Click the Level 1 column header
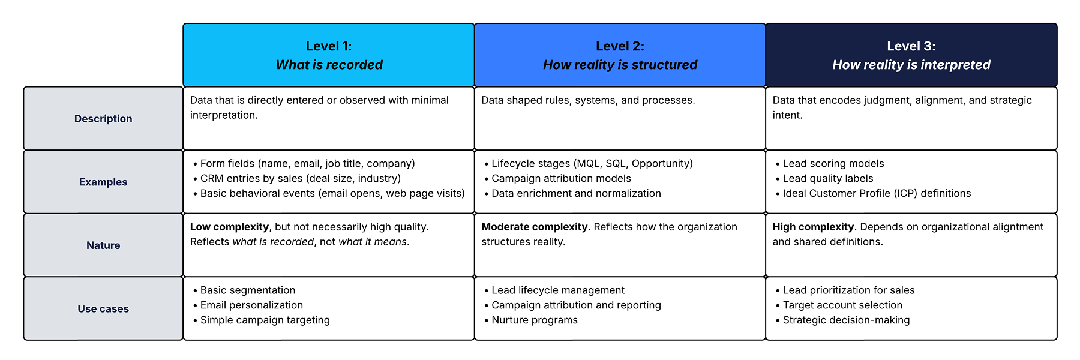(x=329, y=55)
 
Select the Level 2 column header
(x=620, y=55)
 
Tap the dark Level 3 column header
(x=911, y=55)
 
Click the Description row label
(x=103, y=119)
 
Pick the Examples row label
(x=103, y=182)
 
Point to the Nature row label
(x=103, y=245)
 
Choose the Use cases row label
(x=103, y=309)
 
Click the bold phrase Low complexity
(x=229, y=227)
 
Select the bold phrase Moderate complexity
(x=534, y=227)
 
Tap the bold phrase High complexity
(x=813, y=227)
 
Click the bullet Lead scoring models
(x=830, y=164)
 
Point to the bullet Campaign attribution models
(x=557, y=179)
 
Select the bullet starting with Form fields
(x=304, y=164)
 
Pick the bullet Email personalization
(x=248, y=305)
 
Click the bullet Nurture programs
(x=531, y=320)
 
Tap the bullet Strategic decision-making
(x=842, y=320)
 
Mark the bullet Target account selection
(x=839, y=305)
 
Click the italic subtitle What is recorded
(x=329, y=65)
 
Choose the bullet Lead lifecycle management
(x=554, y=290)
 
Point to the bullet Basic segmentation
(x=244, y=290)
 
